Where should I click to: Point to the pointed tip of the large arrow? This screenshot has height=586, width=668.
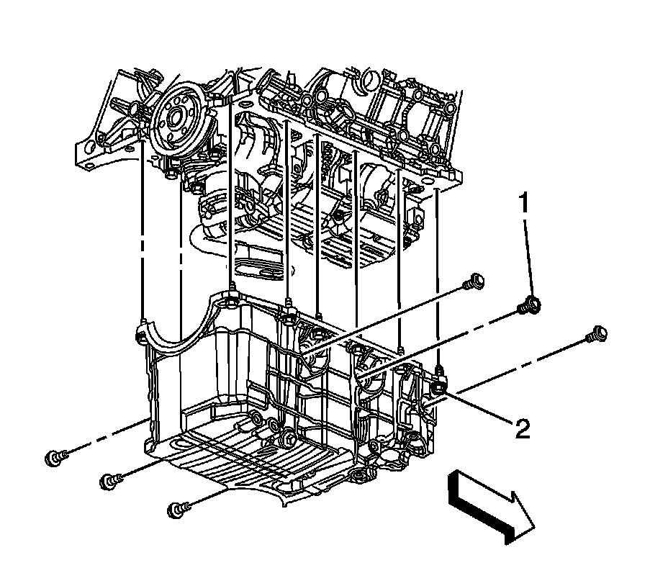click(x=534, y=528)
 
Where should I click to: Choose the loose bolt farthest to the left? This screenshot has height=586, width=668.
click(x=55, y=459)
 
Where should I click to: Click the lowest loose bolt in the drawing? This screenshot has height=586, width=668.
click(x=178, y=510)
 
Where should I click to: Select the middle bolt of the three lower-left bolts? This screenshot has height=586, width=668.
click(x=110, y=482)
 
